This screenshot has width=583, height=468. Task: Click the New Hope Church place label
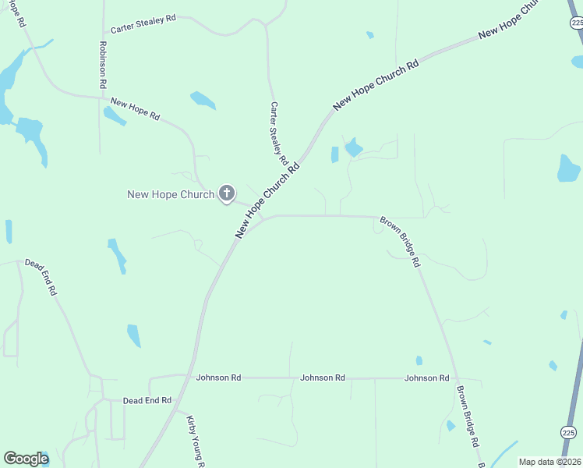170,194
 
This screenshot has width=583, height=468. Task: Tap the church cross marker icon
227,193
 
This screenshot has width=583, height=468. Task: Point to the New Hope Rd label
135,108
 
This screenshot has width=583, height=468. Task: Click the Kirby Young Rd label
195,441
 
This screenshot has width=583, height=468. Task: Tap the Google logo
26,459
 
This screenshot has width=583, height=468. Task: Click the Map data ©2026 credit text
549,462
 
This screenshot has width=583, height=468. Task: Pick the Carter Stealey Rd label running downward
279,133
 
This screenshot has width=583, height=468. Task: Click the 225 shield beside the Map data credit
569,431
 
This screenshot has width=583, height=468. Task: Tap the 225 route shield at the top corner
577,23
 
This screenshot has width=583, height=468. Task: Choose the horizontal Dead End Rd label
147,400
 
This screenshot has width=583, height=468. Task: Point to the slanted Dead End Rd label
41,277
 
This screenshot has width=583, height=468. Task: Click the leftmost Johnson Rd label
218,378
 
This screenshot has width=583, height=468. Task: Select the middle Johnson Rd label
323,378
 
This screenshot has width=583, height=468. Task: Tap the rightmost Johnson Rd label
426,378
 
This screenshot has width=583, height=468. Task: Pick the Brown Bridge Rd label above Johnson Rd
400,243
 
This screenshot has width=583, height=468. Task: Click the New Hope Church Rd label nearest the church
268,201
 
